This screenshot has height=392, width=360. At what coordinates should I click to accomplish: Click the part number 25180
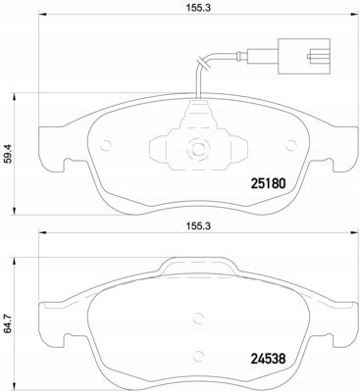pos(268,183)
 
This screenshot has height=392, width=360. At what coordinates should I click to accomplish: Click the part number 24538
pos(268,359)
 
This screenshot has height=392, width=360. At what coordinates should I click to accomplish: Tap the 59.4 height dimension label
pos(10,154)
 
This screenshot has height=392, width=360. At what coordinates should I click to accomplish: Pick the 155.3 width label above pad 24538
pos(198,225)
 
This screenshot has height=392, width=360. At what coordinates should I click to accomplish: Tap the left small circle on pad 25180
pos(106,146)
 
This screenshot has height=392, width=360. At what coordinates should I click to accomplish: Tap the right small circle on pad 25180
pos(290,146)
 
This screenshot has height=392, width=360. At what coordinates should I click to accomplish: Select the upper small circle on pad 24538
pos(198,318)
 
